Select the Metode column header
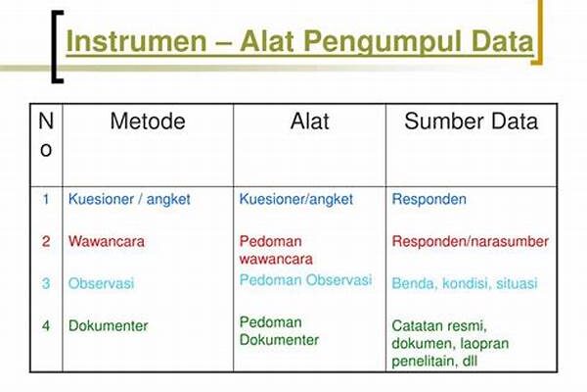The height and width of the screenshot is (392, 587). [x=148, y=122]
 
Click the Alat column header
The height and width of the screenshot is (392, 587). [x=309, y=122]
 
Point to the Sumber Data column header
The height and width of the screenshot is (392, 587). [x=471, y=122]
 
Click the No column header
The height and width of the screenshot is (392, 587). [x=46, y=135]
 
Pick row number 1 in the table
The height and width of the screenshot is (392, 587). [x=46, y=199]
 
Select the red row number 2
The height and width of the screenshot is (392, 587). [x=46, y=241]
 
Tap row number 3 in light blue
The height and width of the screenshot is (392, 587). [x=46, y=283]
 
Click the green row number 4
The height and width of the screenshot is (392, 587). [x=46, y=325]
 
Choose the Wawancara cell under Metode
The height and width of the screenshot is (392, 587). [x=107, y=241]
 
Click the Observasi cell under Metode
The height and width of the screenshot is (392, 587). [x=101, y=283]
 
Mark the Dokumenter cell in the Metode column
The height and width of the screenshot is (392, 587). [x=109, y=325]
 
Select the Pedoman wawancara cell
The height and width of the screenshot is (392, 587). [x=276, y=250]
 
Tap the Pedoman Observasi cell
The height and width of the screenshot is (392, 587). [x=305, y=280]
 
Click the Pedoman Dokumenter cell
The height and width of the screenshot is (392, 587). [x=279, y=331]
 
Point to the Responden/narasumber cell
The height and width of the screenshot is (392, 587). [x=471, y=241]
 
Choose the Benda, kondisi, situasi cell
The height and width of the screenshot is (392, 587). [x=465, y=283]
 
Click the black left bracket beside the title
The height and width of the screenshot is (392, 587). [x=58, y=46]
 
